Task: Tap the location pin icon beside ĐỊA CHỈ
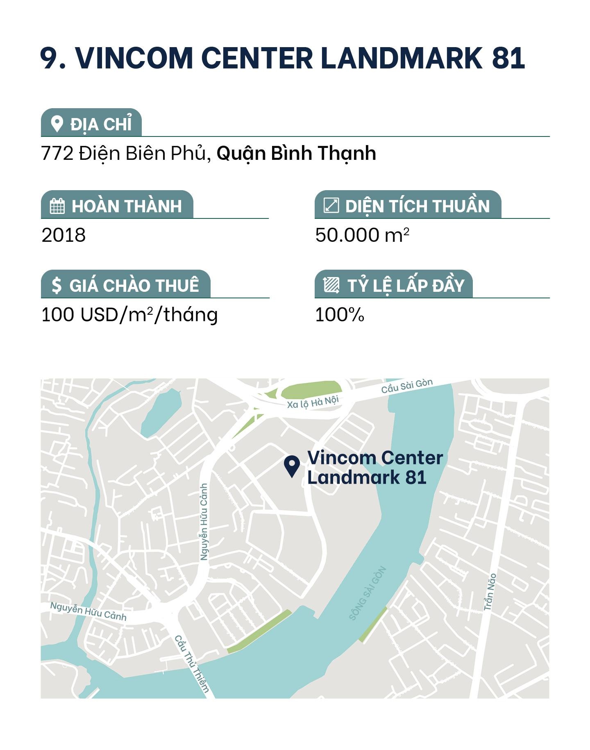click(57, 124)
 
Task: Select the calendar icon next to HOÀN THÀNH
click(57, 206)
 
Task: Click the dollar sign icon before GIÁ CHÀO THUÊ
click(57, 285)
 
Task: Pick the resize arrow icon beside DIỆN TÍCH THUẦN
click(331, 205)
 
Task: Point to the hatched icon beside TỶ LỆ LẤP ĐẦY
click(331, 285)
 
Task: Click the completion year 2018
click(64, 235)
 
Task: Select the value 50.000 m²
click(362, 235)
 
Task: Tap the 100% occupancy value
click(339, 315)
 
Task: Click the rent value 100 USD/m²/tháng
click(129, 315)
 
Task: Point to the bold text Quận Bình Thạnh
click(296, 153)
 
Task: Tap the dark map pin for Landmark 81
click(292, 466)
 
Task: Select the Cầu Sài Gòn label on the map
click(406, 386)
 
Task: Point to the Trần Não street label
click(490, 592)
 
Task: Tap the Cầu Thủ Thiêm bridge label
click(192, 664)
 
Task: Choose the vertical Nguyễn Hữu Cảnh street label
click(204, 521)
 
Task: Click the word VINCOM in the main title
click(134, 58)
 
